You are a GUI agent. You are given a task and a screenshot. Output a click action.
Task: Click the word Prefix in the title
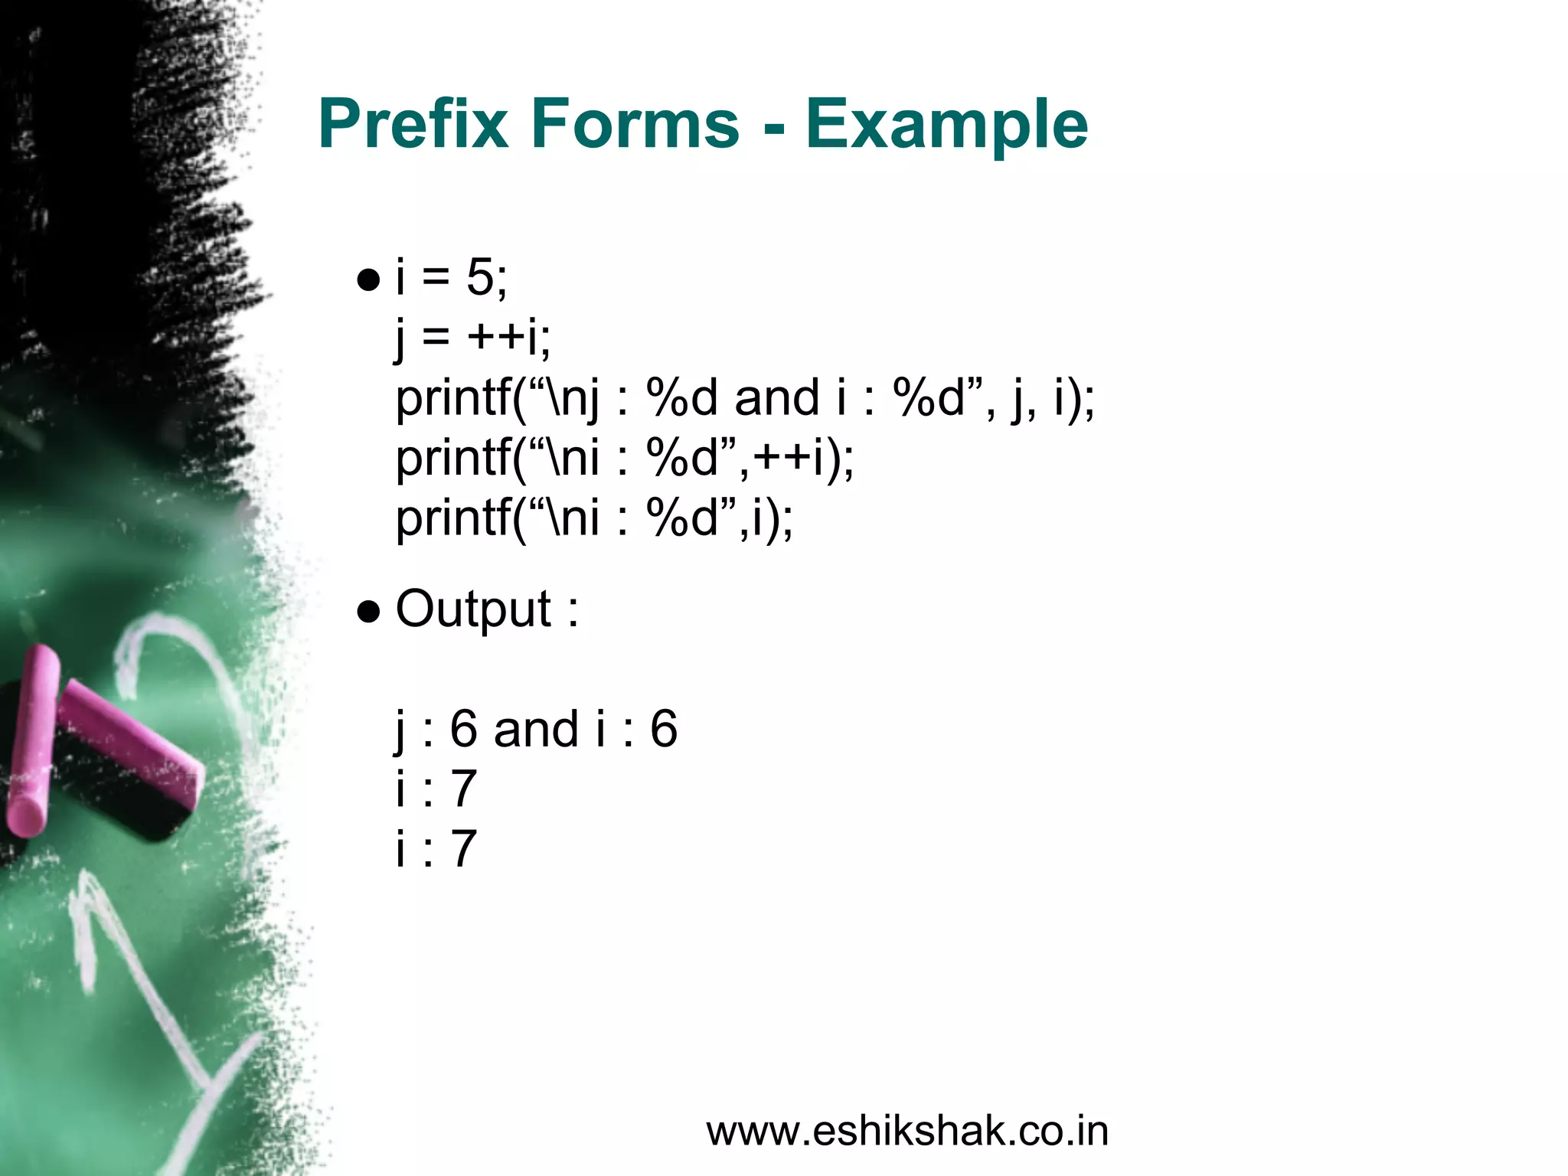pos(413,124)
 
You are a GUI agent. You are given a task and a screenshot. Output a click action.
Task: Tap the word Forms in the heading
pos(635,124)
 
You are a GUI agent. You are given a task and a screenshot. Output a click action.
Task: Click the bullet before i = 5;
pos(368,280)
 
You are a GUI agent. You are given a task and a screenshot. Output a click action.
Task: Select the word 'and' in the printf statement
pos(776,398)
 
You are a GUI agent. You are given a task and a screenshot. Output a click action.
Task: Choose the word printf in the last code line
pos(452,519)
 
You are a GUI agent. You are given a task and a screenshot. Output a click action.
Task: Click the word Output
pos(473,610)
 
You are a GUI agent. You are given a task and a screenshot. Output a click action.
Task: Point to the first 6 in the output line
pos(463,729)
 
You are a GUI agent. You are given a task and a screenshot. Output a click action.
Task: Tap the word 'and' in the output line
pos(536,729)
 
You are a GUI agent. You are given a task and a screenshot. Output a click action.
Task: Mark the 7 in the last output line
pos(463,848)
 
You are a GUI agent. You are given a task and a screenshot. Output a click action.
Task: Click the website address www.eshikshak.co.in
pos(907,1132)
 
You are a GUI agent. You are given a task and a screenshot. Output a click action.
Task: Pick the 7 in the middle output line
pos(463,789)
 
